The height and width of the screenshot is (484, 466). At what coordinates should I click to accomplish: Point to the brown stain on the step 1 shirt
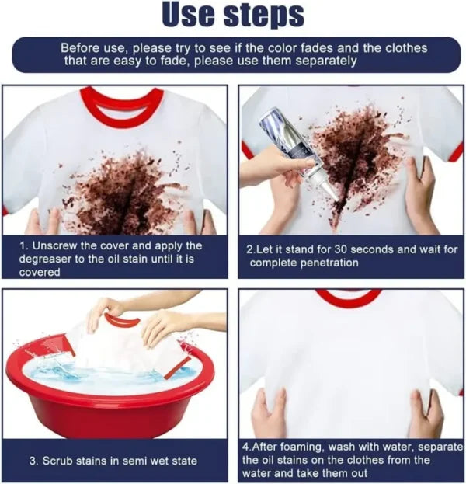124,190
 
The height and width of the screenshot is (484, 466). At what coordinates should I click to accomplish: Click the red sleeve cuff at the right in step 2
456,151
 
